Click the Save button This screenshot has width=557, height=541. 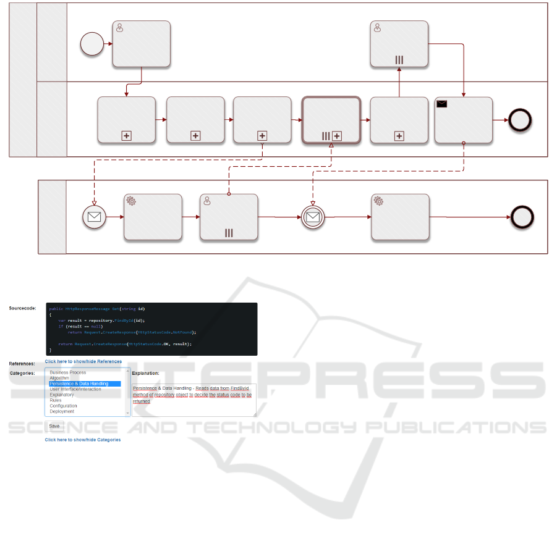click(54, 426)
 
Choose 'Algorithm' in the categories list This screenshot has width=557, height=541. click(59, 378)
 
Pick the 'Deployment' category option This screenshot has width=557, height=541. click(62, 411)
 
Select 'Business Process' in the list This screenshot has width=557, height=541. click(68, 372)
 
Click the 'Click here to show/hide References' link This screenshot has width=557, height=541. click(83, 361)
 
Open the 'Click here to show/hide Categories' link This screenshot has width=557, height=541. click(82, 440)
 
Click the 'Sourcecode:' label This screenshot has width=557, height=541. click(22, 308)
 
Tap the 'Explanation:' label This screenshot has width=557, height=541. click(145, 373)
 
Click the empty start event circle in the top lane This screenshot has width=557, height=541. click(92, 44)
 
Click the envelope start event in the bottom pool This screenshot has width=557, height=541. click(95, 217)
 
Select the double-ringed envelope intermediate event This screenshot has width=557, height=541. click(313, 217)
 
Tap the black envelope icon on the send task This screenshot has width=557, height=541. click(443, 104)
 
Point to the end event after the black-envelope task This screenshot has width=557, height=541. click(519, 120)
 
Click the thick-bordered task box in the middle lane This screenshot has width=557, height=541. click(331, 120)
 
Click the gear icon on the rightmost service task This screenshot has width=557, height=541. click(378, 201)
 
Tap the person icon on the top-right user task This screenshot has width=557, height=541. click(377, 27)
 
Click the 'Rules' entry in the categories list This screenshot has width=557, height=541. click(56, 400)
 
